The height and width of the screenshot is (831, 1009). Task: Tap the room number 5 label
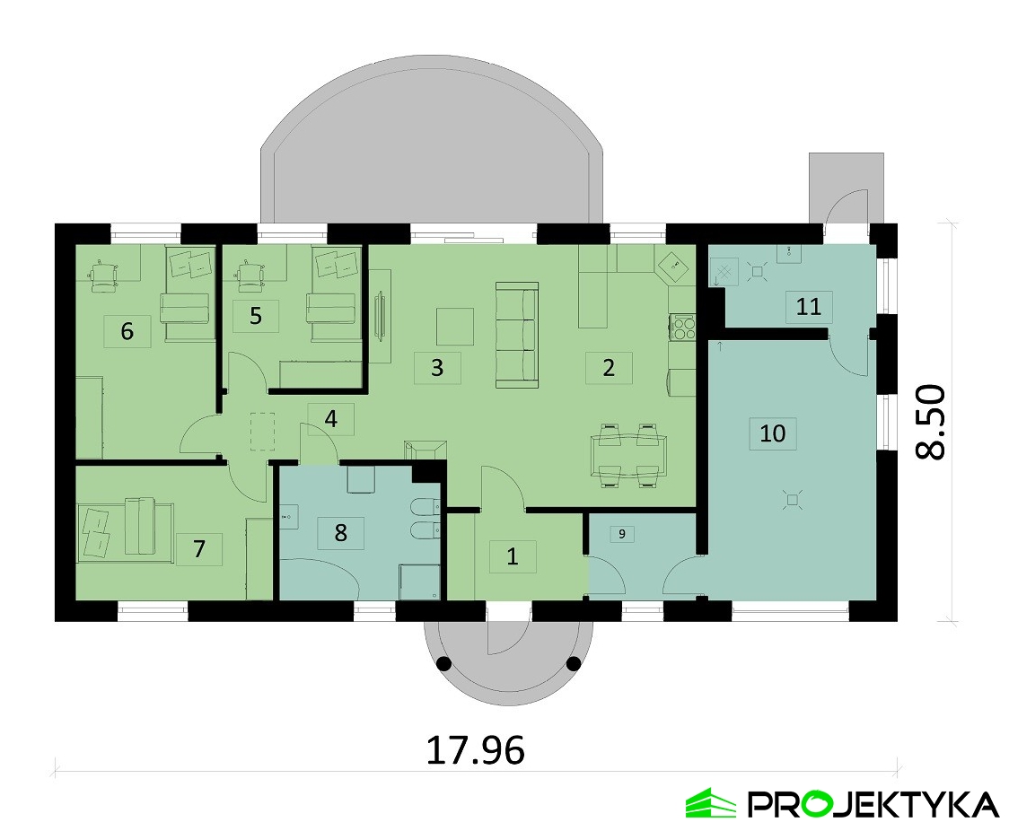coord(256,316)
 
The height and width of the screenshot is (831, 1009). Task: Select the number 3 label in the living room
coord(437,367)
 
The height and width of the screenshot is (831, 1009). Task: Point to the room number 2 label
coord(608,367)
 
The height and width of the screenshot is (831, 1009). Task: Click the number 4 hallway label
coord(330,419)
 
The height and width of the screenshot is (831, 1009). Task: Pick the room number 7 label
coord(199,548)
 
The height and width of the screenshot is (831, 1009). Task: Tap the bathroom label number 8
coord(340,532)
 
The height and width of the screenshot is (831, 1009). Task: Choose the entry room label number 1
coord(513,555)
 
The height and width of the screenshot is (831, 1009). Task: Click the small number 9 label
coord(621,534)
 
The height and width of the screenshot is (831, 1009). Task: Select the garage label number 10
coord(772,433)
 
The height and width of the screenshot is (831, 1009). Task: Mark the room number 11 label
coord(808,306)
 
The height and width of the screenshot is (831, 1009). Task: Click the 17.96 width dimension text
coord(476,750)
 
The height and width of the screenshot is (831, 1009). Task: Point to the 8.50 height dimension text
coord(931,422)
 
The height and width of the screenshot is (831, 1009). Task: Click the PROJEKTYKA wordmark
coord(873,805)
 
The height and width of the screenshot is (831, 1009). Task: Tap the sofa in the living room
coord(517,335)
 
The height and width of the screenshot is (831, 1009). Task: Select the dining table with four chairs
coord(627,455)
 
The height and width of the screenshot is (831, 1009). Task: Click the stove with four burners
coord(683,326)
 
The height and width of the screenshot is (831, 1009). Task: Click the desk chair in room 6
coord(103,276)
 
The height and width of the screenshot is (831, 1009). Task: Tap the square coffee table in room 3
coord(455,326)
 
